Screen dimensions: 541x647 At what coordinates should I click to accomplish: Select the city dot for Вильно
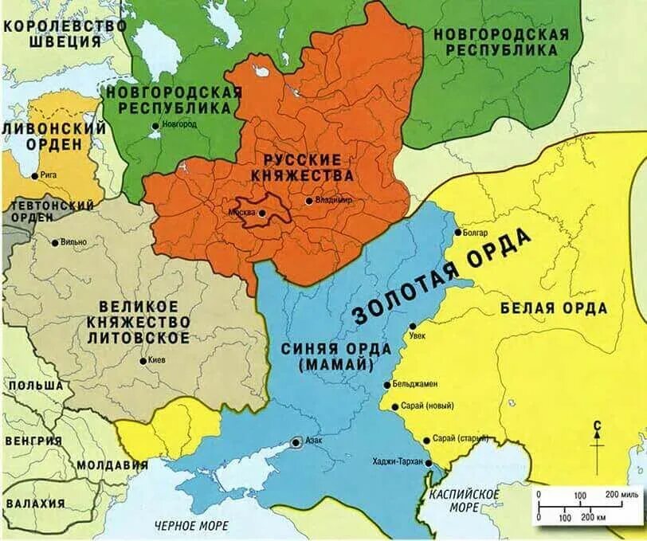(54, 242)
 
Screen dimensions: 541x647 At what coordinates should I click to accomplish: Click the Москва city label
(241, 213)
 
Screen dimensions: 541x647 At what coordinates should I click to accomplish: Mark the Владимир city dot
(308, 201)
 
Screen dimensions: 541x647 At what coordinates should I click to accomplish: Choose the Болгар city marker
(458, 233)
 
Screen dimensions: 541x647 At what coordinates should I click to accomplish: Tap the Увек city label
(418, 335)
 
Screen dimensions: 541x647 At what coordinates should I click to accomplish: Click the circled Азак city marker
(296, 441)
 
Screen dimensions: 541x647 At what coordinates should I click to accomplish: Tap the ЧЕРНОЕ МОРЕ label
(191, 525)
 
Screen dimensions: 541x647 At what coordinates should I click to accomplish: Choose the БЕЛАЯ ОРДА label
(554, 308)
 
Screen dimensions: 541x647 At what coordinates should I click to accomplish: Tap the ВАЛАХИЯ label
(35, 504)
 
